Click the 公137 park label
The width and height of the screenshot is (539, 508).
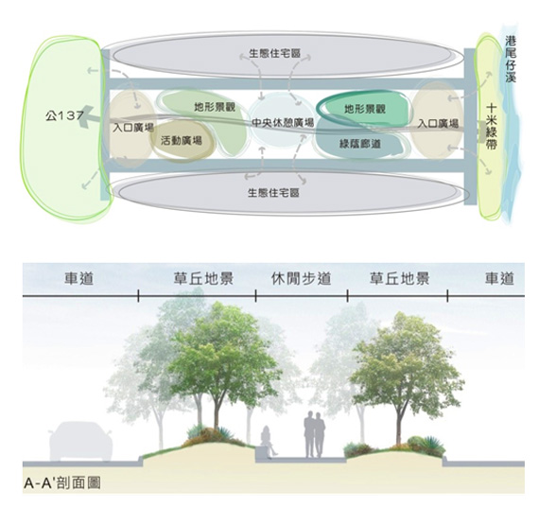click(64, 116)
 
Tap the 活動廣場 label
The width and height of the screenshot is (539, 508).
click(182, 140)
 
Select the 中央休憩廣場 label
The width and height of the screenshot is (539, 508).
click(283, 123)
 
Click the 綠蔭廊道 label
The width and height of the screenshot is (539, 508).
click(360, 144)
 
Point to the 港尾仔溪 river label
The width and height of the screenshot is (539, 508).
click(511, 59)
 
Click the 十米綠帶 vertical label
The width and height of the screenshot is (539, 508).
click(491, 127)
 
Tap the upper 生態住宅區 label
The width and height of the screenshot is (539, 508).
click(274, 53)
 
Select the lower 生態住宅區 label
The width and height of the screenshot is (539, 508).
click(273, 192)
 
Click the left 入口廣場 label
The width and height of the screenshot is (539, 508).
click(133, 128)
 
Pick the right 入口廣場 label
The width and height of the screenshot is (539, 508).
click(438, 123)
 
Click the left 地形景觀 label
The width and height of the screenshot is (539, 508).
click(215, 107)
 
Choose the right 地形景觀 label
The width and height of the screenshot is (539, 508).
click(365, 109)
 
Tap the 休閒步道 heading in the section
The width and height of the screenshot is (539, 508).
click(301, 278)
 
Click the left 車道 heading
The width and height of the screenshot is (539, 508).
click(79, 278)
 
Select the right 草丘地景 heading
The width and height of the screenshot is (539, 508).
click(400, 278)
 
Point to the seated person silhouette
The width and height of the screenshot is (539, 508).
click(268, 441)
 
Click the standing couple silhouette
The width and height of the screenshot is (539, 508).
click(314, 434)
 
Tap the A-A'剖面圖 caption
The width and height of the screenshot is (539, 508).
click(62, 482)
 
